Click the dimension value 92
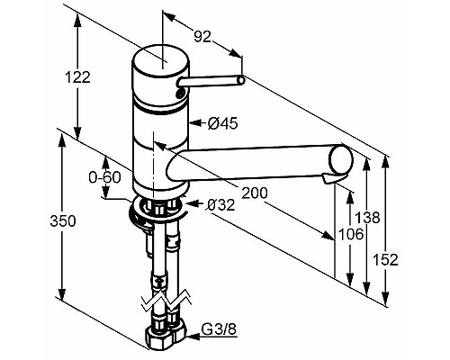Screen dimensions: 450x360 point(202,36)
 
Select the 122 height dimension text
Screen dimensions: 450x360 point(77,77)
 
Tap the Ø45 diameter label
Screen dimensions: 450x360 point(223,123)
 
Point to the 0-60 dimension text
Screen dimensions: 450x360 point(104,177)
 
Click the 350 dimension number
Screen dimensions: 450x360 point(63,221)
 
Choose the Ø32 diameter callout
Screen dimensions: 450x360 point(220,205)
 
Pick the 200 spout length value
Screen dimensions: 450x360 point(255,193)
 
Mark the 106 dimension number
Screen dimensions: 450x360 point(351,234)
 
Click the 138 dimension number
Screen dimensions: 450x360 point(367,217)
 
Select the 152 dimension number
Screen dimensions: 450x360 point(385,259)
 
